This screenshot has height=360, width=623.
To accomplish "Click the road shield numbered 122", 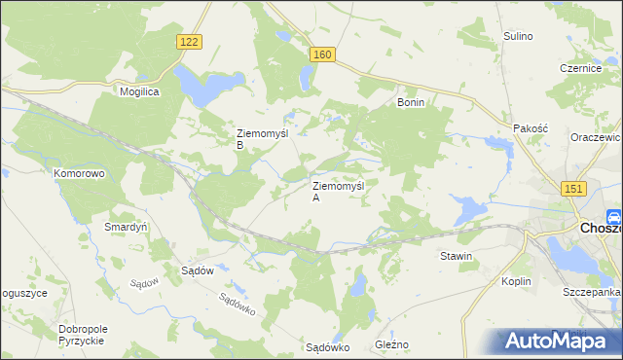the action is click(x=191, y=41).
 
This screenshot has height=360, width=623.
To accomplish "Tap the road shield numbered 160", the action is click(x=323, y=55).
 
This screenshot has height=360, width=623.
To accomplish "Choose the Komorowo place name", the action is click(x=79, y=173).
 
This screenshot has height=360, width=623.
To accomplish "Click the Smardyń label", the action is click(x=126, y=227).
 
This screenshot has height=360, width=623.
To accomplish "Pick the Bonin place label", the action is click(x=412, y=102).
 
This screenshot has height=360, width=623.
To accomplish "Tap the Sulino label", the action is click(x=518, y=36).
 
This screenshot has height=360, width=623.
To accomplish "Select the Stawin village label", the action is click(x=456, y=257).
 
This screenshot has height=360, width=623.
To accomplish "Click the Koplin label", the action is click(x=517, y=281).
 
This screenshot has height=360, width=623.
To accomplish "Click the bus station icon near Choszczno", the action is click(x=614, y=217).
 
